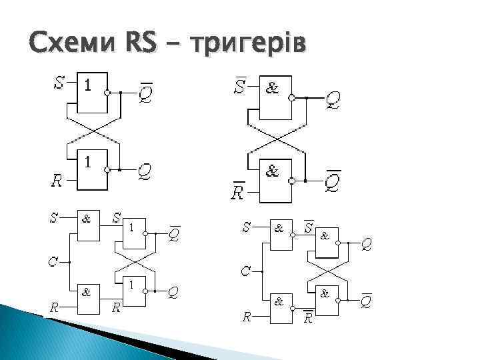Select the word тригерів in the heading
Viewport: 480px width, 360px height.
coord(247,47)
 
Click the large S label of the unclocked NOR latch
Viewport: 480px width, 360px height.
coord(59,84)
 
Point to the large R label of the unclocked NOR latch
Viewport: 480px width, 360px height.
coord(59,179)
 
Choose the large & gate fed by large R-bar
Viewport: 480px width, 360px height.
coord(273,180)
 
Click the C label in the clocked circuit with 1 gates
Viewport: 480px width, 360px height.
coord(52,261)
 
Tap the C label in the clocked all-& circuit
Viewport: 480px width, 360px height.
coord(246,271)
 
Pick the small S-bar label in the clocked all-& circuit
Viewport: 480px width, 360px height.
coord(309,227)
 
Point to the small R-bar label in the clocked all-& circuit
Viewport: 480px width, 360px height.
coord(309,317)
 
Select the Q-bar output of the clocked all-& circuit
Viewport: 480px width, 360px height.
coord(366,301)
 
